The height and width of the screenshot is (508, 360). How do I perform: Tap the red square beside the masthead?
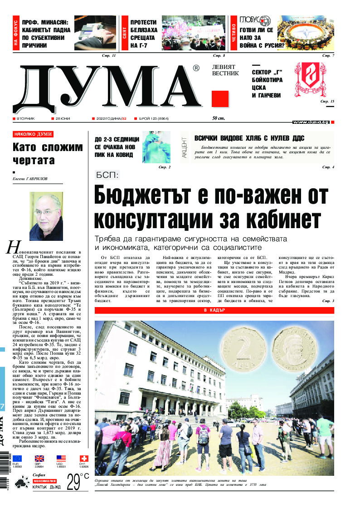[x=219, y=99]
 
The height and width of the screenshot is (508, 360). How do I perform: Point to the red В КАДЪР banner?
[x=214, y=310]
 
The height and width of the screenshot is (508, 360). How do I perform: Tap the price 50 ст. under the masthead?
[x=219, y=118]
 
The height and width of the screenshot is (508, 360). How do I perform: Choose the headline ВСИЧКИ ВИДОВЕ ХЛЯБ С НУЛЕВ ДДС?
[x=249, y=139]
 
